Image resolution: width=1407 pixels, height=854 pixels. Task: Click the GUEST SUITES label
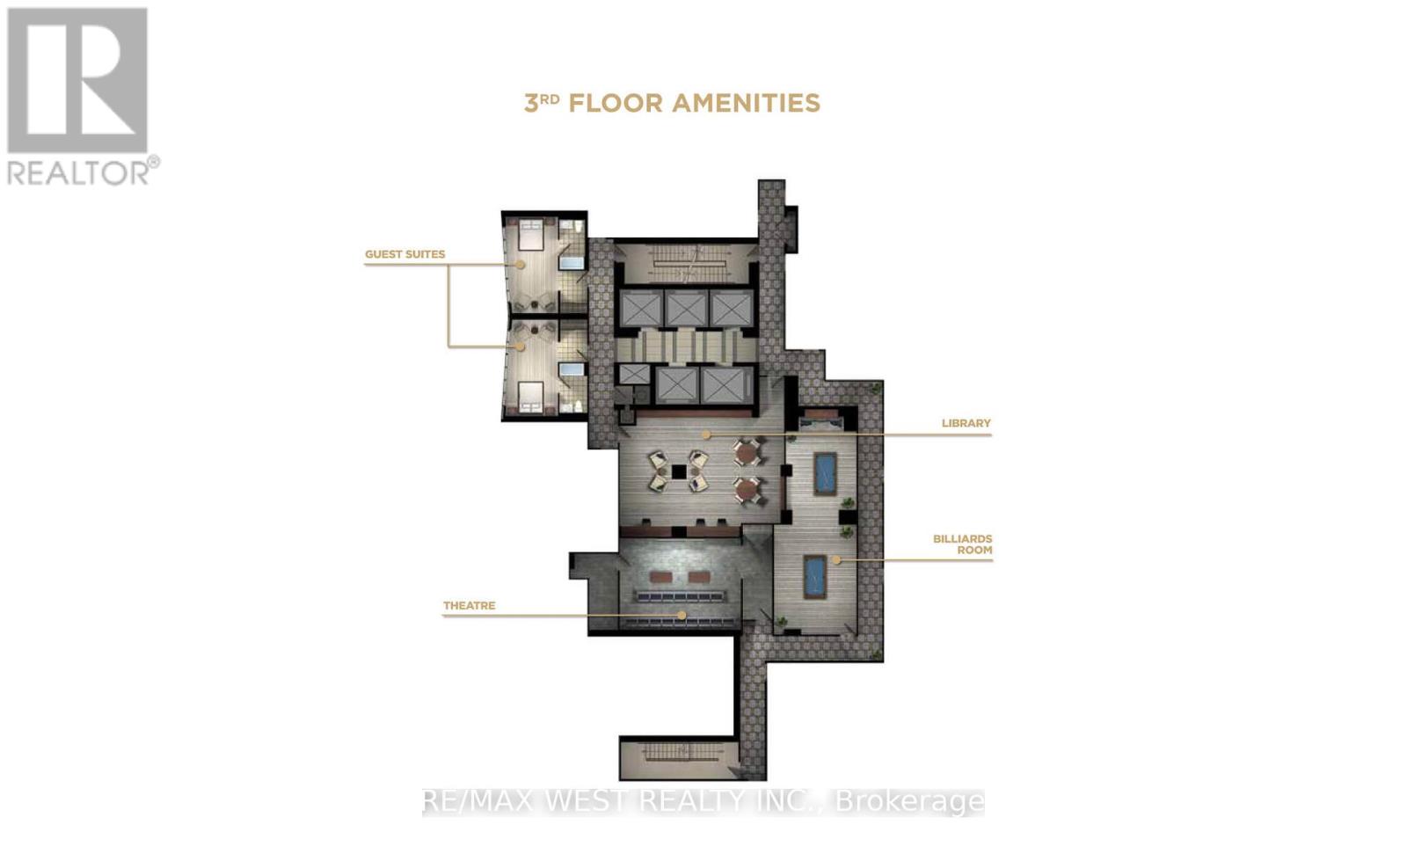point(405,254)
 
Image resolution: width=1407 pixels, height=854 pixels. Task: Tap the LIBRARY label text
point(966,424)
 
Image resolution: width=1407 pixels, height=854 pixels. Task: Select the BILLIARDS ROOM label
point(962,544)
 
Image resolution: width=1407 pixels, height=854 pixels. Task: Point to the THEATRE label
point(470,606)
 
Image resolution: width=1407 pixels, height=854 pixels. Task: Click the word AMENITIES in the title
point(747,103)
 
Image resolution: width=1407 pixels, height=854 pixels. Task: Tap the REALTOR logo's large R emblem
point(77,80)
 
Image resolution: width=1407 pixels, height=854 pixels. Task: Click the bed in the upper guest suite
point(531,234)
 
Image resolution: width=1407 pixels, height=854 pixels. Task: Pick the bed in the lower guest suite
point(530,398)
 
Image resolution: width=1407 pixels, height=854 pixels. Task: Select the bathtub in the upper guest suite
point(572,263)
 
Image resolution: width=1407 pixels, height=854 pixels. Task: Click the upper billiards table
point(825,474)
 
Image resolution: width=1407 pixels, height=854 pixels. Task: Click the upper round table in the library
point(747,452)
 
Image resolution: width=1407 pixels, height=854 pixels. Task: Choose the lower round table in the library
point(747,490)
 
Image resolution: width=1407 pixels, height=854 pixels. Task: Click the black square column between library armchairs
point(678,471)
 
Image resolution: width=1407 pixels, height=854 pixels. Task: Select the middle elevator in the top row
point(686,309)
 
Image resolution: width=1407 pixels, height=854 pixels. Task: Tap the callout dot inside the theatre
point(682,615)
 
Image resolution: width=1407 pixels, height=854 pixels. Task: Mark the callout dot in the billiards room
point(836,559)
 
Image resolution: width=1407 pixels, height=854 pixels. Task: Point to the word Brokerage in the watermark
point(910,802)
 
